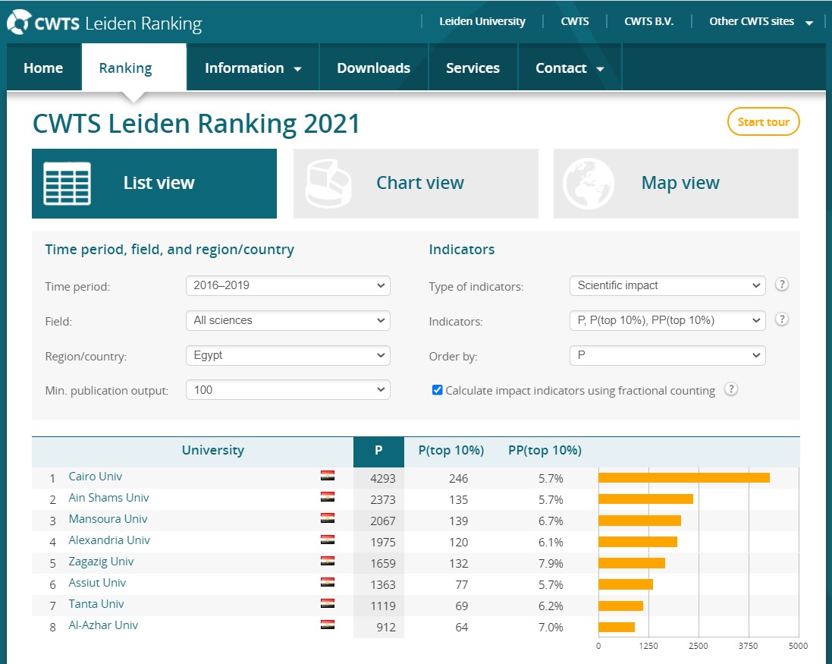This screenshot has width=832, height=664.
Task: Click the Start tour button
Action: pyautogui.click(x=763, y=122)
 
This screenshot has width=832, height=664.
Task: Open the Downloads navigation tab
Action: pyautogui.click(x=373, y=68)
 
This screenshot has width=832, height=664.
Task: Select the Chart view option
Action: pyautogui.click(x=416, y=184)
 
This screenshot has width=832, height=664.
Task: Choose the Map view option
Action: pyautogui.click(x=676, y=184)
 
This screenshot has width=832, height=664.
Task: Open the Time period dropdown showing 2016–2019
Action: pyautogui.click(x=287, y=286)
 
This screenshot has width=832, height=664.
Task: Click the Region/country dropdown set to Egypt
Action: pyautogui.click(x=287, y=355)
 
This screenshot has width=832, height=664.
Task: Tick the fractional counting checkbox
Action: pyautogui.click(x=437, y=390)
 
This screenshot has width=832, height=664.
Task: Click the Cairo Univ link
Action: pyautogui.click(x=95, y=477)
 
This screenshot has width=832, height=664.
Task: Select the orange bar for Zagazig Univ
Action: pyautogui.click(x=631, y=563)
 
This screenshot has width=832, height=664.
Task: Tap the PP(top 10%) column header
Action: pyautogui.click(x=545, y=450)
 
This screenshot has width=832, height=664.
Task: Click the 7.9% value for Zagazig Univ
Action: pyautogui.click(x=551, y=564)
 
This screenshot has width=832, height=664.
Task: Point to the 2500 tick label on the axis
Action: pyautogui.click(x=698, y=646)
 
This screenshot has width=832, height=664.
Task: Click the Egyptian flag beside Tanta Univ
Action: pyautogui.click(x=328, y=604)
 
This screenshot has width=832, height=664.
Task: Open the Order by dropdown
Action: pyautogui.click(x=667, y=355)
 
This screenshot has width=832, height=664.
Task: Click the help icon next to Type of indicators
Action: pyautogui.click(x=782, y=285)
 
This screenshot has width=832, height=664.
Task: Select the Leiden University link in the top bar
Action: pyautogui.click(x=482, y=21)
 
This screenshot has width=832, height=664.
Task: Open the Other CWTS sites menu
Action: pyautogui.click(x=761, y=21)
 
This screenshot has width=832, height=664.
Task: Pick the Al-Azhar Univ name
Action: pyautogui.click(x=103, y=625)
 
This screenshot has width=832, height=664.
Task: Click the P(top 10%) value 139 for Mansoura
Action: pyautogui.click(x=458, y=521)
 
